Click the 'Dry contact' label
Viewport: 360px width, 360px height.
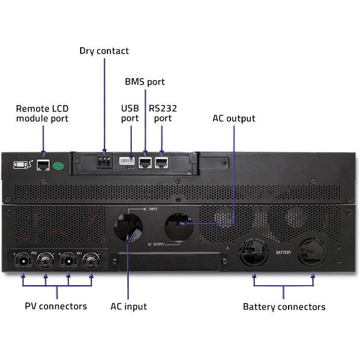[x=104, y=51]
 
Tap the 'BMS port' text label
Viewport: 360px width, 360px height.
[x=145, y=82]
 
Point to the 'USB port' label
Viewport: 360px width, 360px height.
[x=129, y=113]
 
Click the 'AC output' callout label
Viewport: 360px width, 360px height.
[x=234, y=118]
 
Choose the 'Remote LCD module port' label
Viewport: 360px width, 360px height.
[x=42, y=113]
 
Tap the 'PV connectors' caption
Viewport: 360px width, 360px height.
[x=56, y=306]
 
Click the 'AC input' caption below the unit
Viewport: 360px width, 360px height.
[x=128, y=306]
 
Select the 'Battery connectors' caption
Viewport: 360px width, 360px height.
[x=284, y=307]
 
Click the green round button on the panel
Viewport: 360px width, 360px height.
[x=58, y=165]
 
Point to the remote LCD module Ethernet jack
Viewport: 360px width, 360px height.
[x=42, y=165]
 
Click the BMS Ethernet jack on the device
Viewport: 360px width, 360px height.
[x=145, y=162]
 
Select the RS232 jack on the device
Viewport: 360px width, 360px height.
[x=161, y=162]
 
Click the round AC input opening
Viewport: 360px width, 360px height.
[x=128, y=227]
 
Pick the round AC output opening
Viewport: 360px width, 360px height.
[x=179, y=226]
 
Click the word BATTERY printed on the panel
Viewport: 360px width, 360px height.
[x=283, y=253]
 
